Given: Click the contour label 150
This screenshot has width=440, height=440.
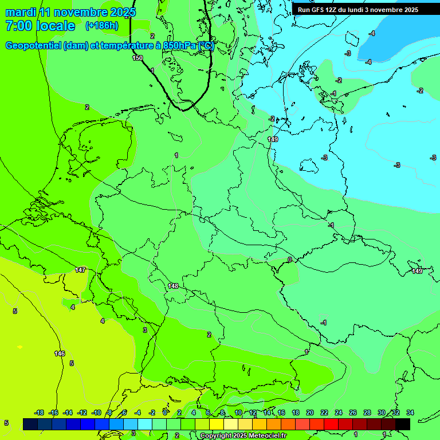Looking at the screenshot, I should pos(137,58).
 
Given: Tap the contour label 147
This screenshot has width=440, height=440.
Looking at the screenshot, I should pos(80,270).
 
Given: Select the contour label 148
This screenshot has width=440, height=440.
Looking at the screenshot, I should pos(174,286).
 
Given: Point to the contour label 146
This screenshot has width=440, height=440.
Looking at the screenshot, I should pos(60,353).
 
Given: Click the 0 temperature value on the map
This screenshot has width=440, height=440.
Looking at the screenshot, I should pos(289,260).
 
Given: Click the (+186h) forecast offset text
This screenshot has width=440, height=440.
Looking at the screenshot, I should pos(101,26).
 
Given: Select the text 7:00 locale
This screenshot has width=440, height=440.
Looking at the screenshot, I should pos(40,26).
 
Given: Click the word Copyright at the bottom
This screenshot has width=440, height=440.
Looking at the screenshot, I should pos(217,436).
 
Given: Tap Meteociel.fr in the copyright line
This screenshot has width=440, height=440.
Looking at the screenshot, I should pos(268,436).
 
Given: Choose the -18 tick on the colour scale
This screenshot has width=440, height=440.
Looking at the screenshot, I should pos(40,412).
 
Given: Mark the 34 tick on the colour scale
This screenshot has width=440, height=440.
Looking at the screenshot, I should pos(410,412).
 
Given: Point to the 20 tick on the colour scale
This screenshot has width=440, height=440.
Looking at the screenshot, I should pos(310,412).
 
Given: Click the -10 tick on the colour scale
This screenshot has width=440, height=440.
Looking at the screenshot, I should pos(96,412).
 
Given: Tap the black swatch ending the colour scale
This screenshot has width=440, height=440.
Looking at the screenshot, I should pos(403,424).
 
